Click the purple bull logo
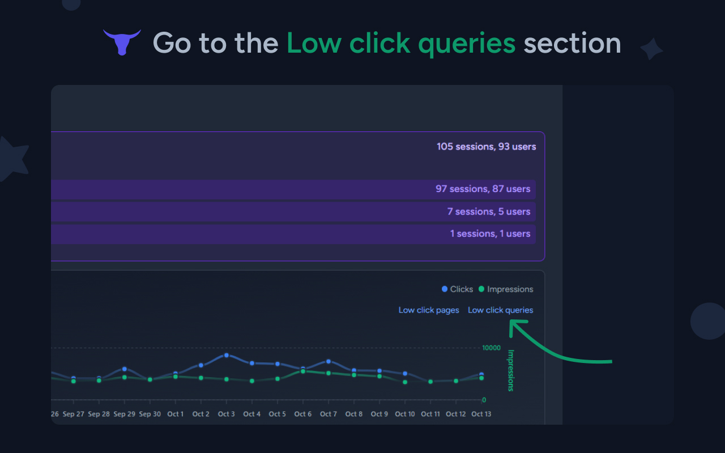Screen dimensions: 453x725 click(122, 42)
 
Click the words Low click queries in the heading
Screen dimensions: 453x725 click(401, 44)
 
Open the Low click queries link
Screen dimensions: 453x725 click(500, 310)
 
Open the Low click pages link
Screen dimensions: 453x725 click(429, 310)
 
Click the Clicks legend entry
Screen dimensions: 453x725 click(457, 289)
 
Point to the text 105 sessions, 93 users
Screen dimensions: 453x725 click(486, 147)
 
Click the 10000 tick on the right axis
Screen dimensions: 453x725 click(491, 348)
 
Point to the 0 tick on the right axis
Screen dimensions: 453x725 click(484, 400)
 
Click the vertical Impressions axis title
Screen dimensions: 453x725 click(510, 370)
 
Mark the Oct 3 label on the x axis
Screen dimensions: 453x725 click(226, 414)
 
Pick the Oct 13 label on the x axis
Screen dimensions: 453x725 click(481, 414)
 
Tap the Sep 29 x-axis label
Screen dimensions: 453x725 click(124, 414)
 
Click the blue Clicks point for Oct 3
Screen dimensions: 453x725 click(226, 355)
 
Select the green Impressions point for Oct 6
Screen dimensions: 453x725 click(303, 371)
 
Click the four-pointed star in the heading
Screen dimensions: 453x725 click(651, 49)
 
